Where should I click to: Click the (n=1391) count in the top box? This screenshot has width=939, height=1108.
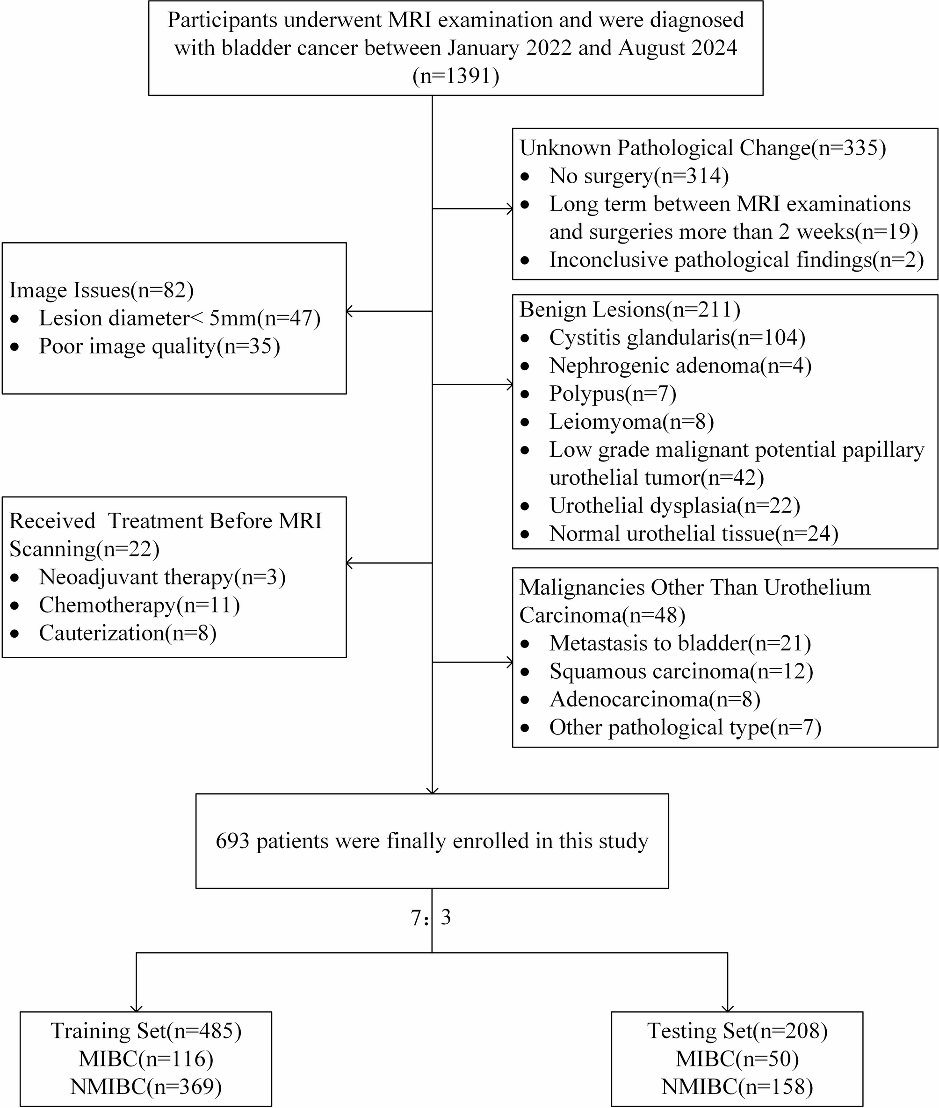(455, 76)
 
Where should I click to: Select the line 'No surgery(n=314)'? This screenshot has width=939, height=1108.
(639, 176)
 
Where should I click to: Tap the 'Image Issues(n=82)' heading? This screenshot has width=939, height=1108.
(101, 290)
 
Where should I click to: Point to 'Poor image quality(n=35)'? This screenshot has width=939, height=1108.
(159, 346)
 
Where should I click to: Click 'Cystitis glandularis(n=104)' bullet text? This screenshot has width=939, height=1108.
(677, 338)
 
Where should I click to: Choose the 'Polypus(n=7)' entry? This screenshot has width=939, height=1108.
(613, 393)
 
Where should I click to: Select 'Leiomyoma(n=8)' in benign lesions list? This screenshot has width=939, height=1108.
(631, 422)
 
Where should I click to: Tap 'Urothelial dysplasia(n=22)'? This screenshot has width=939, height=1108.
(674, 505)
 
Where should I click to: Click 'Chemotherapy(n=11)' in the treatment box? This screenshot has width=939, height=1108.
(139, 605)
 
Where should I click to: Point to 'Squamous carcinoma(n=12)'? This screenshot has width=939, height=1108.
(681, 671)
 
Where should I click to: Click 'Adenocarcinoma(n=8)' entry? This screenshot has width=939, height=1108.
(655, 699)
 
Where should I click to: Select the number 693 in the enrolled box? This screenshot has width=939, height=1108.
(232, 841)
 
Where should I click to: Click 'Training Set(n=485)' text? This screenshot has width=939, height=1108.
(146, 1031)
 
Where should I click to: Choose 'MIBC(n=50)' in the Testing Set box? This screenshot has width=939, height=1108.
(737, 1059)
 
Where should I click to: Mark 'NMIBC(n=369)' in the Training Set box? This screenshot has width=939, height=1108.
(146, 1086)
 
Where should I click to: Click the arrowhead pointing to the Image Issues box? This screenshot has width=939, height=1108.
(350, 311)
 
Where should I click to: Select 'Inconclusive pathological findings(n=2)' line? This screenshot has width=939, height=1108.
(736, 260)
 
